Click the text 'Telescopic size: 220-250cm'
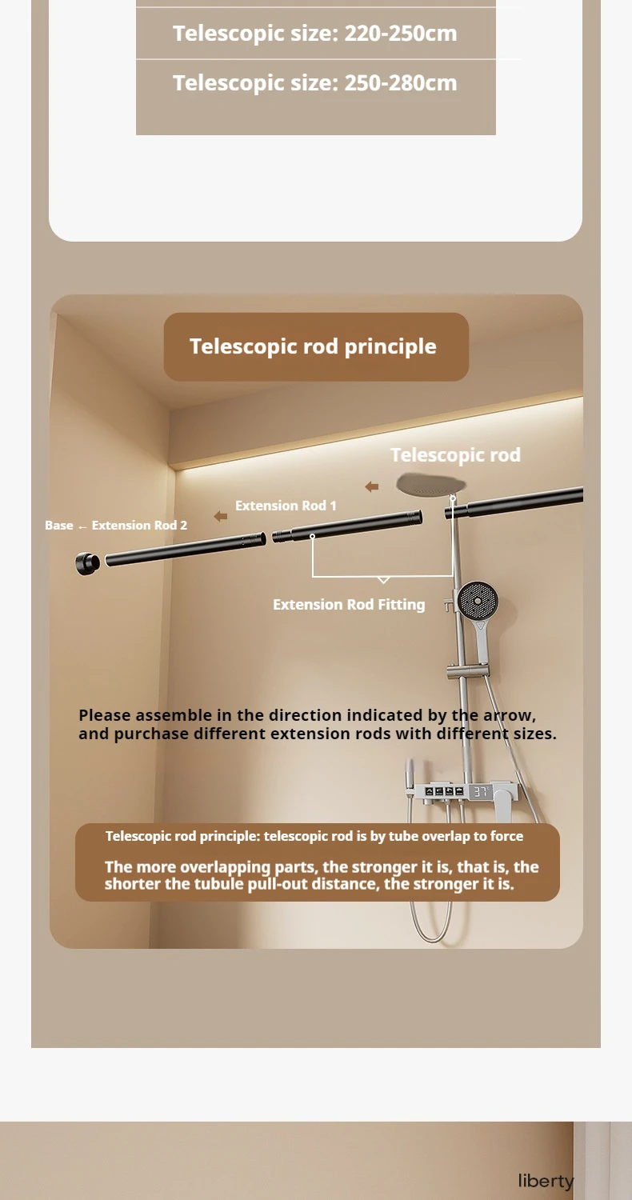tap(315, 34)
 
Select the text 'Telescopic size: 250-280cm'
tap(315, 83)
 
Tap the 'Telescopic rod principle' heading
tap(313, 346)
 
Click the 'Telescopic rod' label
tap(455, 455)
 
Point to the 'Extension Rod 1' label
tap(286, 506)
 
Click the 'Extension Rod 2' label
tap(139, 526)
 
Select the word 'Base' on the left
tap(58, 526)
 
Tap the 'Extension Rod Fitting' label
tap(349, 605)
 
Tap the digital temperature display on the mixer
tap(480, 792)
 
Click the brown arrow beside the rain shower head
tap(372, 486)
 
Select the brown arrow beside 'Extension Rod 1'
tap(221, 517)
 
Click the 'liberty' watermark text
tap(546, 1181)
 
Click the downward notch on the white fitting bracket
tap(383, 578)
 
